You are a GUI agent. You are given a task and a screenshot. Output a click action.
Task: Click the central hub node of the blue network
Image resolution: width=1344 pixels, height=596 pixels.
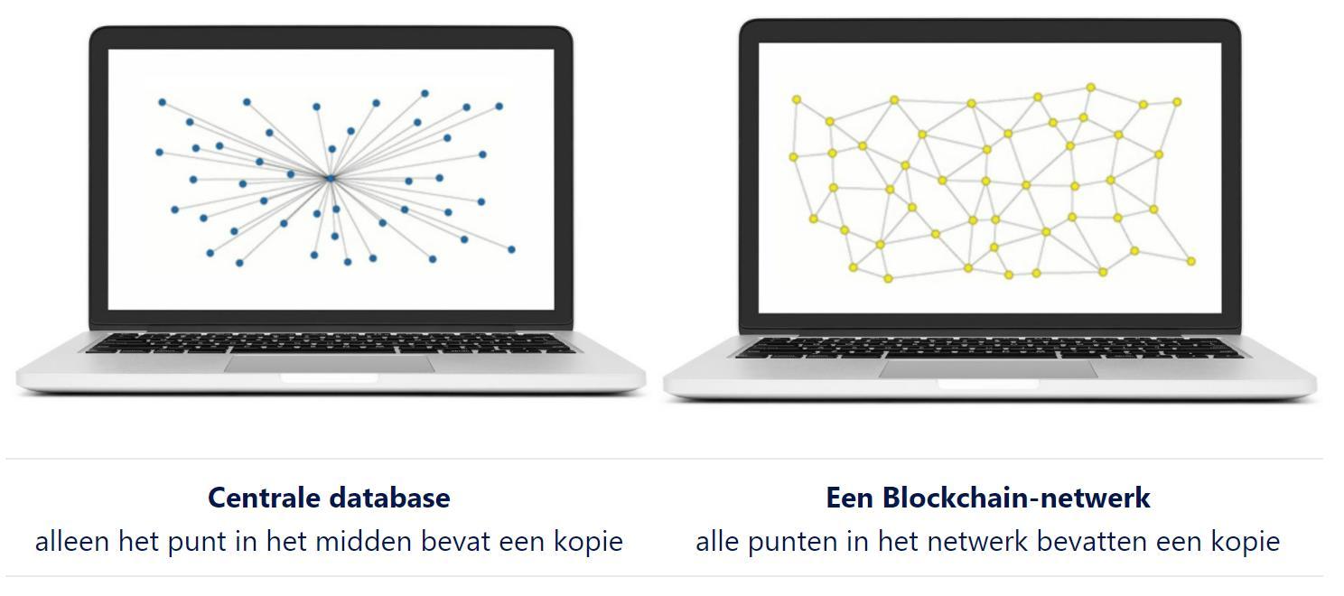(331, 179)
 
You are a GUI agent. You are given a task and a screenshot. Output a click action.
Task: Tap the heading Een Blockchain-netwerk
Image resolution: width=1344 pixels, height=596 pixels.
(987, 498)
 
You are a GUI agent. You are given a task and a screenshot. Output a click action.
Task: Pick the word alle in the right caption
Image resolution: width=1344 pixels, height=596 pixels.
(717, 541)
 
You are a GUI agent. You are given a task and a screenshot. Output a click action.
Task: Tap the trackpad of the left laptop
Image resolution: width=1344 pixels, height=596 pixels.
(330, 363)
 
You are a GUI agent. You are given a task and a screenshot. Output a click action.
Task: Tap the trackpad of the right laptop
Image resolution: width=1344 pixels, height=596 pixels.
(988, 368)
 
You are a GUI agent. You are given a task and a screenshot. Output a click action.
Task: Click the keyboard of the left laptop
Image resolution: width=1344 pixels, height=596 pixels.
(331, 343)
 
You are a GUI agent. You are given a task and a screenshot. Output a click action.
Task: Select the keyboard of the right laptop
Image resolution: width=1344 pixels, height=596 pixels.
(988, 348)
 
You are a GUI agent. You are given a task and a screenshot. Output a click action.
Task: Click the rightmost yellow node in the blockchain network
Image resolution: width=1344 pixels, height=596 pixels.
(1190, 261)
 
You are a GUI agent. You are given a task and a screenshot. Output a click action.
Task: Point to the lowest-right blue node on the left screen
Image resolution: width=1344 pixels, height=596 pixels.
(511, 249)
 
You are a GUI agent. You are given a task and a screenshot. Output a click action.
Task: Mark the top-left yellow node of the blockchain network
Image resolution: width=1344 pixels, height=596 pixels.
(797, 99)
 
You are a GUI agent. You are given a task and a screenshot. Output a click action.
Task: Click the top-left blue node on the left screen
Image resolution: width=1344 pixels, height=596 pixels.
(163, 103)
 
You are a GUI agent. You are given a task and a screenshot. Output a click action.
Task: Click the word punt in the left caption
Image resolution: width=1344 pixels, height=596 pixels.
(205, 541)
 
